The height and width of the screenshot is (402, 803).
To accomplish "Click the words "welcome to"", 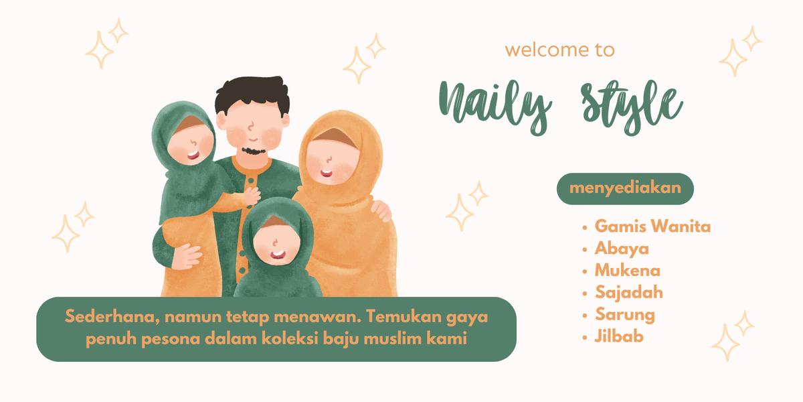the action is click(559, 50).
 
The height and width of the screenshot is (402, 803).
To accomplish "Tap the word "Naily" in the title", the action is click(495, 107).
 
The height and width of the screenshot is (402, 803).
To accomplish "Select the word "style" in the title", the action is click(632, 107).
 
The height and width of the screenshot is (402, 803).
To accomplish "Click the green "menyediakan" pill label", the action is click(625, 189).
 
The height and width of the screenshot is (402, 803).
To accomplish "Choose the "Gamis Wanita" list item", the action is click(652, 227).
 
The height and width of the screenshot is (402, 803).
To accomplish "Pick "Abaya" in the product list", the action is click(622, 249).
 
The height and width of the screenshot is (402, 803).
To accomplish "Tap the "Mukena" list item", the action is click(628, 271).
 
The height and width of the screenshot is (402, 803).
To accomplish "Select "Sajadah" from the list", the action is click(629, 293).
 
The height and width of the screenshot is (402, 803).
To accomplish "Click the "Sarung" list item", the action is click(625, 315).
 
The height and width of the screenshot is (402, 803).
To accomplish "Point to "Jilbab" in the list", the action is click(619, 336).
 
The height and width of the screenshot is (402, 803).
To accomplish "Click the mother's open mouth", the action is click(327, 174).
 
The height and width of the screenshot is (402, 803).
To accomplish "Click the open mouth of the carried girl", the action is click(193, 155).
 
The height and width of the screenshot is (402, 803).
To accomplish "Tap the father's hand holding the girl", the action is click(187, 256).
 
